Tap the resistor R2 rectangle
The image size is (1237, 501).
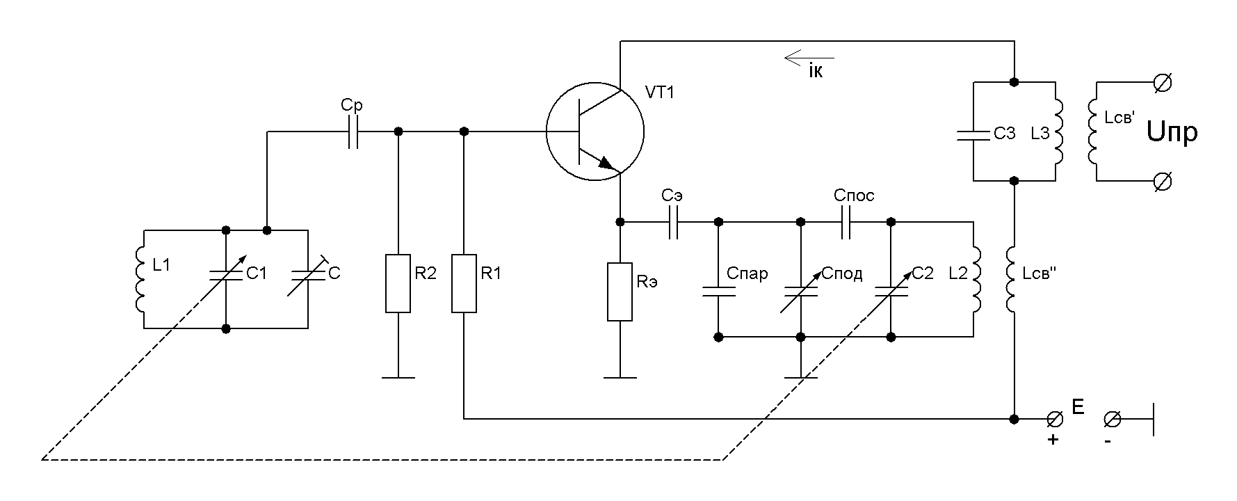[398, 284]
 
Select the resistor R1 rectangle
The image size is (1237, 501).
[464, 284]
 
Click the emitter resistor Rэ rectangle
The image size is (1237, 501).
[620, 292]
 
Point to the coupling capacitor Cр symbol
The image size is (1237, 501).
[353, 132]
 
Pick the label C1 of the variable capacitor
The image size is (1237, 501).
[257, 273]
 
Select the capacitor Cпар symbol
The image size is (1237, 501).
[718, 291]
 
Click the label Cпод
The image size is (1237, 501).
[842, 273]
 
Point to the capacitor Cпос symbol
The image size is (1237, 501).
[846, 222]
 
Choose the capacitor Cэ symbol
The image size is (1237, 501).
[673, 222]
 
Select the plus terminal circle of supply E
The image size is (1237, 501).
[1055, 419]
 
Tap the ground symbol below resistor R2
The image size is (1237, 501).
[398, 377]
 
